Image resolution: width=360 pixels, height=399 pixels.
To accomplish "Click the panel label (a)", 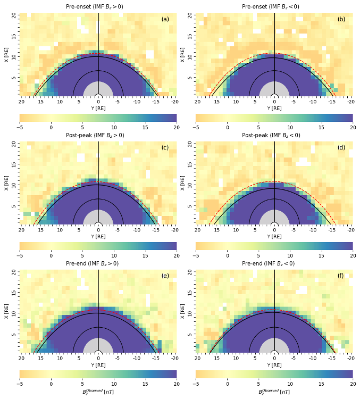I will pos(165,19).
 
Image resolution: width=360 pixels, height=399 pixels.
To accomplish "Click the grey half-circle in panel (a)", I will pos(98,90).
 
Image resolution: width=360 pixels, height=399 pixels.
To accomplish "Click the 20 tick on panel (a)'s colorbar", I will pos(176,128).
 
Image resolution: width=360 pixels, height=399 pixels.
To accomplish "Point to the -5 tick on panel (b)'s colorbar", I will pos(196,128).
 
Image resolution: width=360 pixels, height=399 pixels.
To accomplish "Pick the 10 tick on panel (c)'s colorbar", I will pos(114,256).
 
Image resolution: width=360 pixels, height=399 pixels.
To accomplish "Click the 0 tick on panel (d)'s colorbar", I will pos(227,256).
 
